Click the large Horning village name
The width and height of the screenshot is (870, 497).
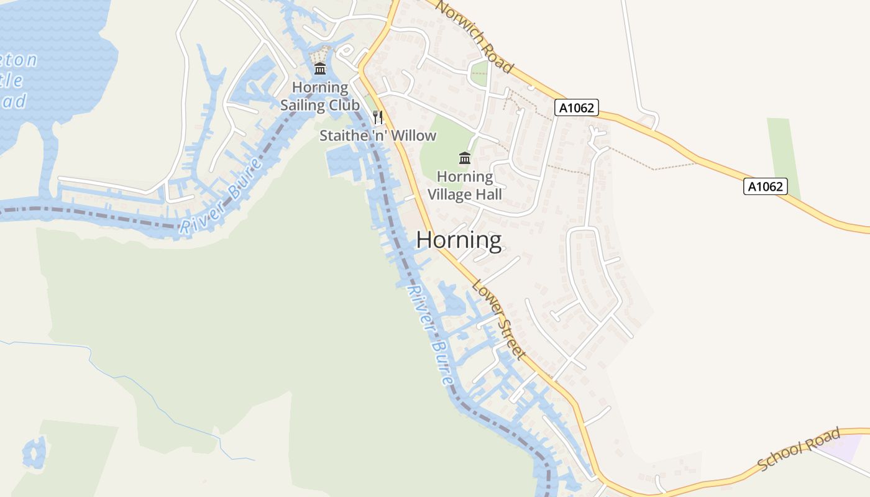[459, 240]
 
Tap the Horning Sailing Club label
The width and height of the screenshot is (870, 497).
[319, 96]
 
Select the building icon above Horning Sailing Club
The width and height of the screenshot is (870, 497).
[320, 68]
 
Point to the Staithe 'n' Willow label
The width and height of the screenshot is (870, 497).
[378, 135]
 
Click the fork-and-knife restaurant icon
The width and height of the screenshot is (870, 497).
[378, 117]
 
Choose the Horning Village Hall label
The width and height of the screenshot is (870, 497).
[465, 185]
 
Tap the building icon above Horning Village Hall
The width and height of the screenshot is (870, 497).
[464, 157]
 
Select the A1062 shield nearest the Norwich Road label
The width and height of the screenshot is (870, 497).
[576, 108]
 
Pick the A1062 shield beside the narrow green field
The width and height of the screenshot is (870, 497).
[765, 186]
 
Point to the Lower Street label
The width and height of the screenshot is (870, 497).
[499, 320]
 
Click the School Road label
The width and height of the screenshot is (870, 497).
[800, 449]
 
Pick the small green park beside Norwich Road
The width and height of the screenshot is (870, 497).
[479, 73]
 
